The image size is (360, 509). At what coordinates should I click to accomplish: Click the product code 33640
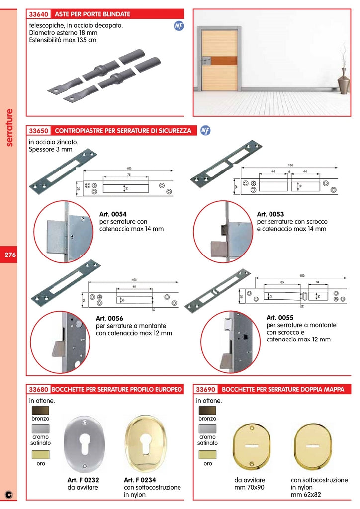tap(39, 14)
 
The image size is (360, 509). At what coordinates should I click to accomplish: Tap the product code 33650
tap(39, 131)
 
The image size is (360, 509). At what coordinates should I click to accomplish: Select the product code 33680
tap(39, 389)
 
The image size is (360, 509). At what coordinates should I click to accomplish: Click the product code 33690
tap(206, 389)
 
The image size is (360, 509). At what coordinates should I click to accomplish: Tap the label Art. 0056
tap(109, 319)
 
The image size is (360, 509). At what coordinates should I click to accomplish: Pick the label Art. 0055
tap(280, 317)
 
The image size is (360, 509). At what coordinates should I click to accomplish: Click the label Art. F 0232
tap(83, 480)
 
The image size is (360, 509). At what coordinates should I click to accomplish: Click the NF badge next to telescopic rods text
tap(179, 26)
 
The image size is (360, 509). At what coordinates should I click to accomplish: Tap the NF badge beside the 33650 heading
tap(205, 130)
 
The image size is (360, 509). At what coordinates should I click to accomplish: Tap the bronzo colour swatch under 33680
tap(40, 411)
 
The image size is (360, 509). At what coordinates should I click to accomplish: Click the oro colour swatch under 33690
tap(207, 454)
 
